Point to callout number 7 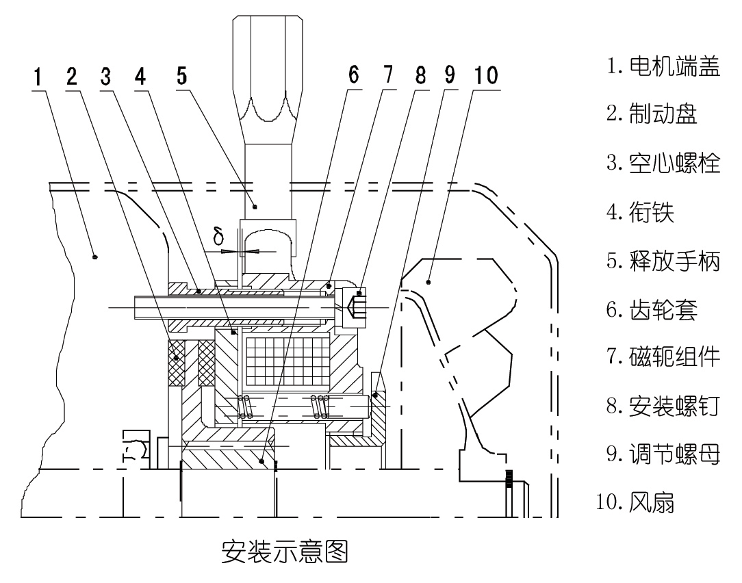point(389,76)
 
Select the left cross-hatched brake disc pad point(176,361)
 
